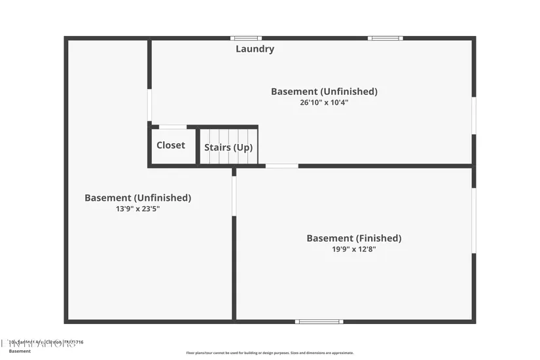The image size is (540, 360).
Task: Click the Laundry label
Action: pyautogui.click(x=255, y=49)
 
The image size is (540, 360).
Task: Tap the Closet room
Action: pyautogui.click(x=171, y=145)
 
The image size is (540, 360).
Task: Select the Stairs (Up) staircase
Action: pyautogui.click(x=228, y=147)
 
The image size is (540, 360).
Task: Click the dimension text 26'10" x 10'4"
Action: pyautogui.click(x=324, y=102)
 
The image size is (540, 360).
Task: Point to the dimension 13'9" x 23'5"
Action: pyautogui.click(x=137, y=209)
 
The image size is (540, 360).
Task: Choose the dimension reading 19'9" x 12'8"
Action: pyautogui.click(x=353, y=249)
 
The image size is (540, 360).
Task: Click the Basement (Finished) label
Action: pyautogui.click(x=353, y=238)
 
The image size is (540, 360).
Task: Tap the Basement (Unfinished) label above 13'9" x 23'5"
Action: pyautogui.click(x=137, y=198)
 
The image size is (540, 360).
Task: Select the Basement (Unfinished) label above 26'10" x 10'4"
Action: pyautogui.click(x=324, y=92)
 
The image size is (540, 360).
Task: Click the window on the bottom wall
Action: pyautogui.click(x=319, y=321)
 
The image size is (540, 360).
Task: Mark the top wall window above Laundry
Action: pyautogui.click(x=246, y=39)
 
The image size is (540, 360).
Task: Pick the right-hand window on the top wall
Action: pyautogui.click(x=385, y=39)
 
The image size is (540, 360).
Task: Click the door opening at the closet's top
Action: pyautogui.click(x=173, y=127)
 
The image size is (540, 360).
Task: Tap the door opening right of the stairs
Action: pyautogui.click(x=281, y=166)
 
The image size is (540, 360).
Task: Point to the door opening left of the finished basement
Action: pyautogui.click(x=234, y=195)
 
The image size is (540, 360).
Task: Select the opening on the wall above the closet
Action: pyautogui.click(x=150, y=105)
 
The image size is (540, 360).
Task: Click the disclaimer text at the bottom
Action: pyautogui.click(x=270, y=353)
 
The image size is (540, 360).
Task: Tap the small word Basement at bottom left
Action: pyautogui.click(x=20, y=351)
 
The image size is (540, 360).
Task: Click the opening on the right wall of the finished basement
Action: pyautogui.click(x=474, y=221)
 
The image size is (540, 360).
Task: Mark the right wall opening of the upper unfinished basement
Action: pyautogui.click(x=474, y=116)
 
